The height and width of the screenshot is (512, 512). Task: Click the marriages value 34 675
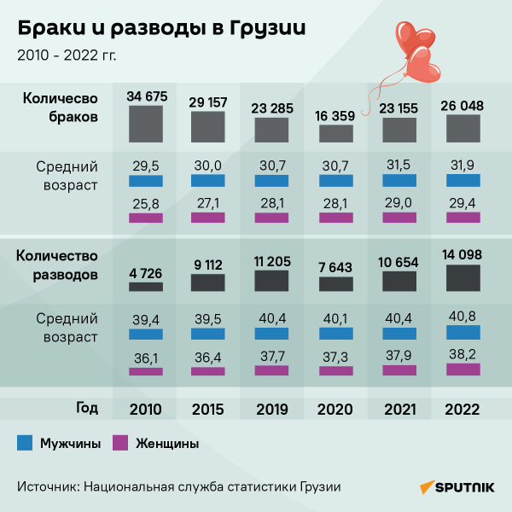coord(146,96)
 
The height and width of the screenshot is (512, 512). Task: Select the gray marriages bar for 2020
coord(336,132)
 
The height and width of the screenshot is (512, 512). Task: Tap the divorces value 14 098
coord(462,254)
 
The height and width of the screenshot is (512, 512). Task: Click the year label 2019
coord(272,410)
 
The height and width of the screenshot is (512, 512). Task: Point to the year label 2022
coord(462,410)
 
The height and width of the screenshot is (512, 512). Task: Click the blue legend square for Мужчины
coord(25,443)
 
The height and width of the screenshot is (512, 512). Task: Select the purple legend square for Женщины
coord(120,443)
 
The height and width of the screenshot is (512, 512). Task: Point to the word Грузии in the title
coord(265,28)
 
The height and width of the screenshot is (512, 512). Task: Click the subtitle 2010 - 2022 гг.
coord(67,56)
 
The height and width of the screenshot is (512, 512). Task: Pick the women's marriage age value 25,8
coord(146,202)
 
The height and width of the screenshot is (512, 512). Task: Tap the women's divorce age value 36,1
coord(146,357)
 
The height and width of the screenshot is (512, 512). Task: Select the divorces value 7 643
coord(336,267)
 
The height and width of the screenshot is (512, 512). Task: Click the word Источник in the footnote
coord(47,486)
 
